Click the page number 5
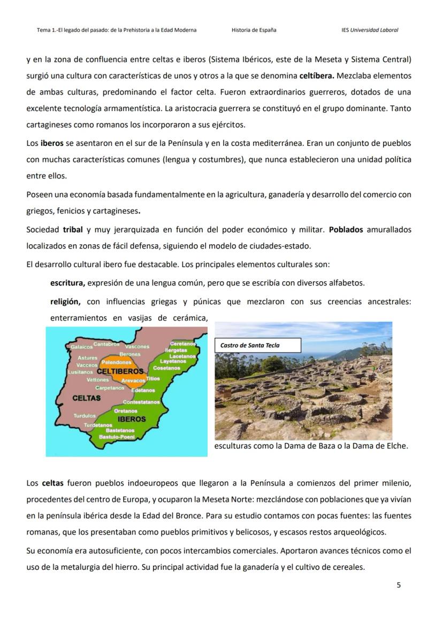pyautogui.click(x=398, y=585)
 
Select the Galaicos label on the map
pyautogui.click(x=82, y=347)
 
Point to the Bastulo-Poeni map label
pyautogui.click(x=116, y=437)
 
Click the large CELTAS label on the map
pyautogui.click(x=86, y=398)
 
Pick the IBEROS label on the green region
pyautogui.click(x=132, y=419)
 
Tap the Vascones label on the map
pyautogui.click(x=137, y=346)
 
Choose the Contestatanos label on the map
pyautogui.click(x=141, y=402)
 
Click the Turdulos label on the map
pyautogui.click(x=85, y=415)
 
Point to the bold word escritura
pyautogui.click(x=67, y=282)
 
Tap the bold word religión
pyautogui.click(x=65, y=302)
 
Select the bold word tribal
pyautogui.click(x=73, y=229)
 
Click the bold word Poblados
pyautogui.click(x=346, y=229)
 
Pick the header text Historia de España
pyautogui.click(x=254, y=30)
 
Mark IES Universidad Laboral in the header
pyautogui.click(x=370, y=30)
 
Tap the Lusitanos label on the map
pyautogui.click(x=80, y=372)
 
